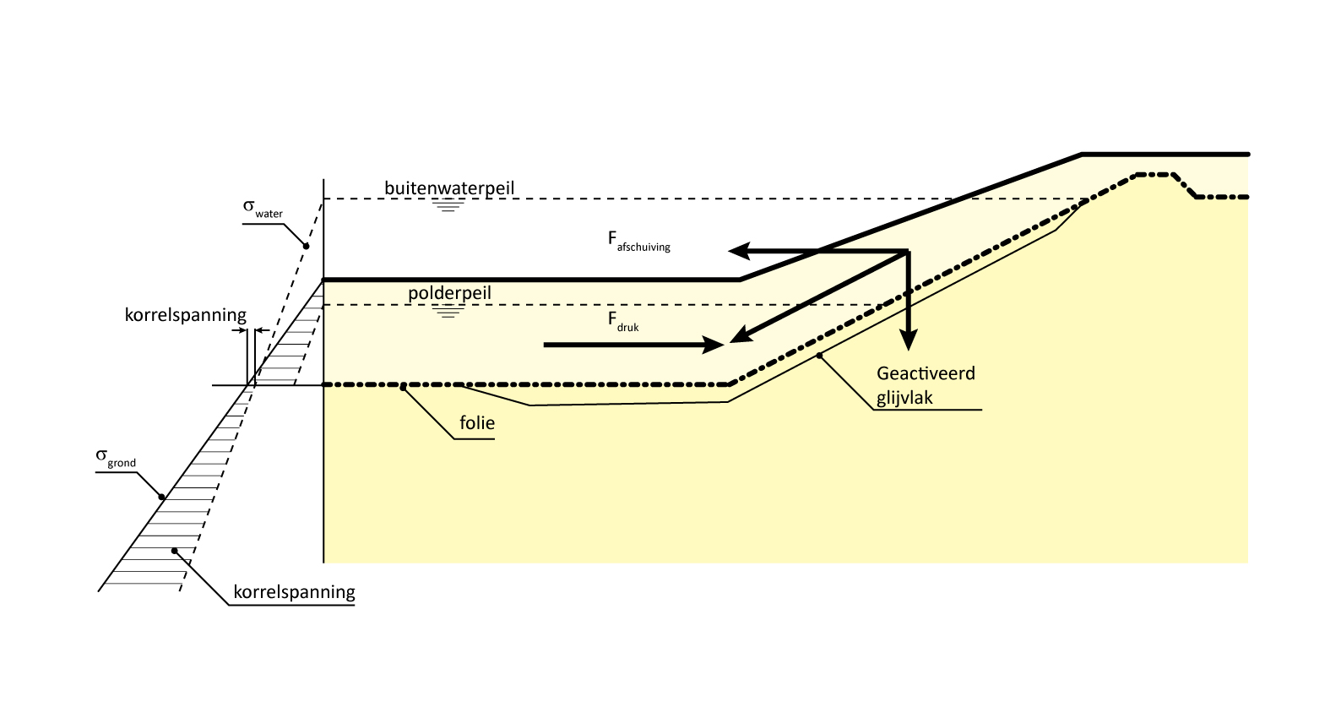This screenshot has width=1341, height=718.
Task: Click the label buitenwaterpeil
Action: tap(449, 188)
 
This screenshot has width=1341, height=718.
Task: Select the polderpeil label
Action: tap(449, 293)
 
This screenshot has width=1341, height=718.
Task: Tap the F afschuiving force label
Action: tap(638, 241)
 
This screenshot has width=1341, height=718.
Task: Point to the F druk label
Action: tap(623, 321)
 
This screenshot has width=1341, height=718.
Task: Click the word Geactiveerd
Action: tap(926, 373)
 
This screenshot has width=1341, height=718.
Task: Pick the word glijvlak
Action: tap(904, 398)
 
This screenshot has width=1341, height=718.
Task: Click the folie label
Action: tap(477, 423)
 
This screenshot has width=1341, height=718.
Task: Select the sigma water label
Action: tap(263, 208)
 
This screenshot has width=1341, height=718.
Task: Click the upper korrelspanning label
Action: tap(186, 316)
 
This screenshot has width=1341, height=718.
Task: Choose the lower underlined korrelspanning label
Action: tap(294, 592)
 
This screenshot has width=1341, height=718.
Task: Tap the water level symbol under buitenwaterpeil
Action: tap(448, 205)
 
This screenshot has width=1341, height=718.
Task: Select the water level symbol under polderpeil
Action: tap(448, 312)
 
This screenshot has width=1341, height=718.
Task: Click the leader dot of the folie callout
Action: tap(404, 387)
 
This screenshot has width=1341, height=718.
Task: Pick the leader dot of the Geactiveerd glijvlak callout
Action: tap(819, 355)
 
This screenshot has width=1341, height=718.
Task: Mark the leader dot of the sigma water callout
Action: tap(307, 246)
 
